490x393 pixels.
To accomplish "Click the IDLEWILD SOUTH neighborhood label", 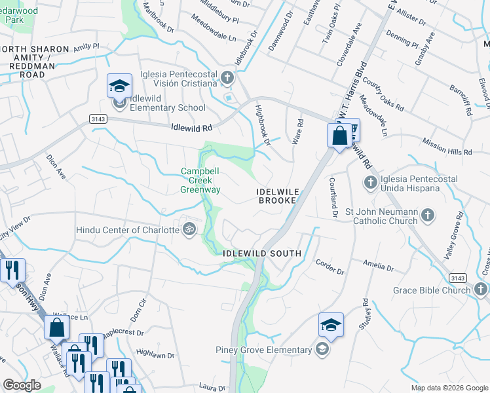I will coord(261,253).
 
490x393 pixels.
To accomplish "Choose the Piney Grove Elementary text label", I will coord(264,350).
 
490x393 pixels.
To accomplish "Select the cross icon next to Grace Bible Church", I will coord(480,290).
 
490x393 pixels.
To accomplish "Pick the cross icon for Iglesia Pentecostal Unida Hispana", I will coord(370,181).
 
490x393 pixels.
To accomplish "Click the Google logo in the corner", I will coord(22,385).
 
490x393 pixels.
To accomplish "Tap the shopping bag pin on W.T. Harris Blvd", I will coord(339,136).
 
